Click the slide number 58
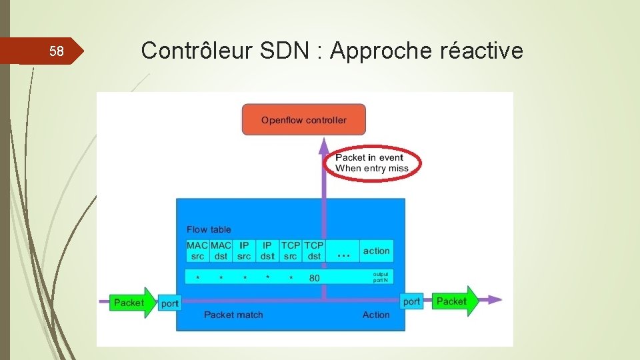[57, 52]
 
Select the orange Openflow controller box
[303, 120]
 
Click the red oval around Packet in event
[371, 163]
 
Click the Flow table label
[209, 229]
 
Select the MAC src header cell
[197, 251]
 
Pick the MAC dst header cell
[221, 251]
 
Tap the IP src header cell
[244, 251]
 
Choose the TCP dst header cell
[314, 251]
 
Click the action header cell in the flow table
[376, 251]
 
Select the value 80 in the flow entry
[315, 277]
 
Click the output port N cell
[380, 277]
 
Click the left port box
[170, 303]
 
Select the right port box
[412, 301]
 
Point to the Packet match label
[233, 315]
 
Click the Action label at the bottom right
[376, 315]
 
